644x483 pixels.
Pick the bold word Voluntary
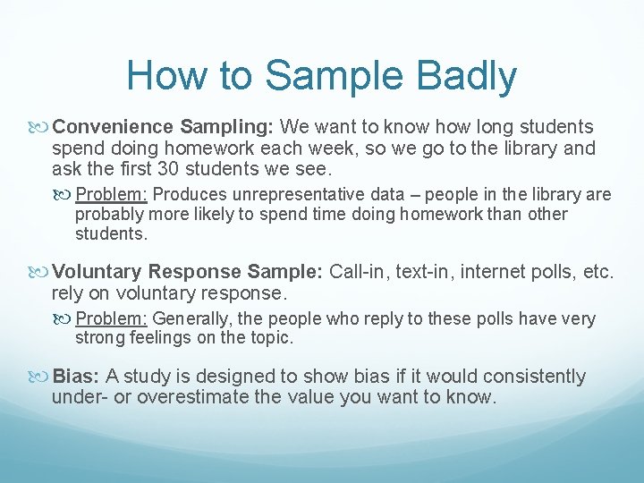pyautogui.click(x=98, y=272)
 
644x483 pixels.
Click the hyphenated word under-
pyautogui.click(x=79, y=397)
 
